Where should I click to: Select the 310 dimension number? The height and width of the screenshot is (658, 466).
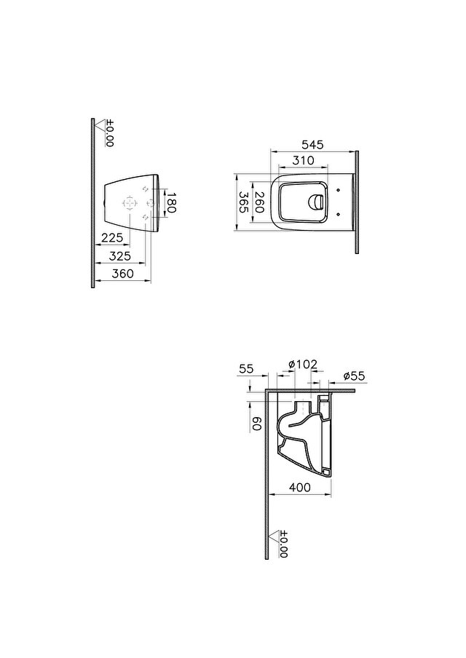click(x=304, y=161)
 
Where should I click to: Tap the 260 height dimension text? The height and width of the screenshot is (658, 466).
click(x=259, y=202)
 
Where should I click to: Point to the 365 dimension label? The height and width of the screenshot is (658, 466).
click(x=244, y=202)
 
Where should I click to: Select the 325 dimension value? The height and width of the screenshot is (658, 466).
click(x=119, y=255)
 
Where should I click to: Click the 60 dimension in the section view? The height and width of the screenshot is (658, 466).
click(x=256, y=423)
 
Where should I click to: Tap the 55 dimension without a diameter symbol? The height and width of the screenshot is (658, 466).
click(x=246, y=370)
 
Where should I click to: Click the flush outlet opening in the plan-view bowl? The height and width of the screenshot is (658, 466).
click(x=317, y=202)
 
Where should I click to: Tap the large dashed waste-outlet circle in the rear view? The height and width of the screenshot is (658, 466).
click(x=131, y=202)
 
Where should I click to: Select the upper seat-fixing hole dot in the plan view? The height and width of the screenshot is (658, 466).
click(x=340, y=191)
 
